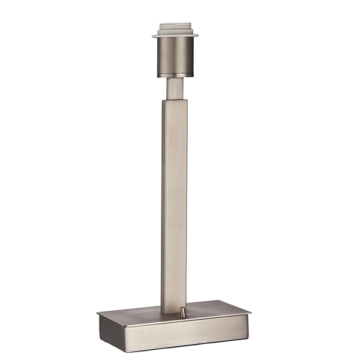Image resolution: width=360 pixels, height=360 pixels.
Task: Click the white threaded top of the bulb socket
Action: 175,29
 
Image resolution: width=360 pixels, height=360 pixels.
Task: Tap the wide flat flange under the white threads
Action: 175,36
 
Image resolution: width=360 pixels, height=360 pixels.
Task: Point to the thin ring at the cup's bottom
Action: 175,75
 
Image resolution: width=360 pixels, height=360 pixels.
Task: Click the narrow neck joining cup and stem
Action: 175,88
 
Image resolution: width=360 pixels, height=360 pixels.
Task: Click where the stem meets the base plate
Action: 174,313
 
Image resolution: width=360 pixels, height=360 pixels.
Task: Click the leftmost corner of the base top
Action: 98,314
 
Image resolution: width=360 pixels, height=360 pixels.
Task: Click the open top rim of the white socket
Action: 175,24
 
